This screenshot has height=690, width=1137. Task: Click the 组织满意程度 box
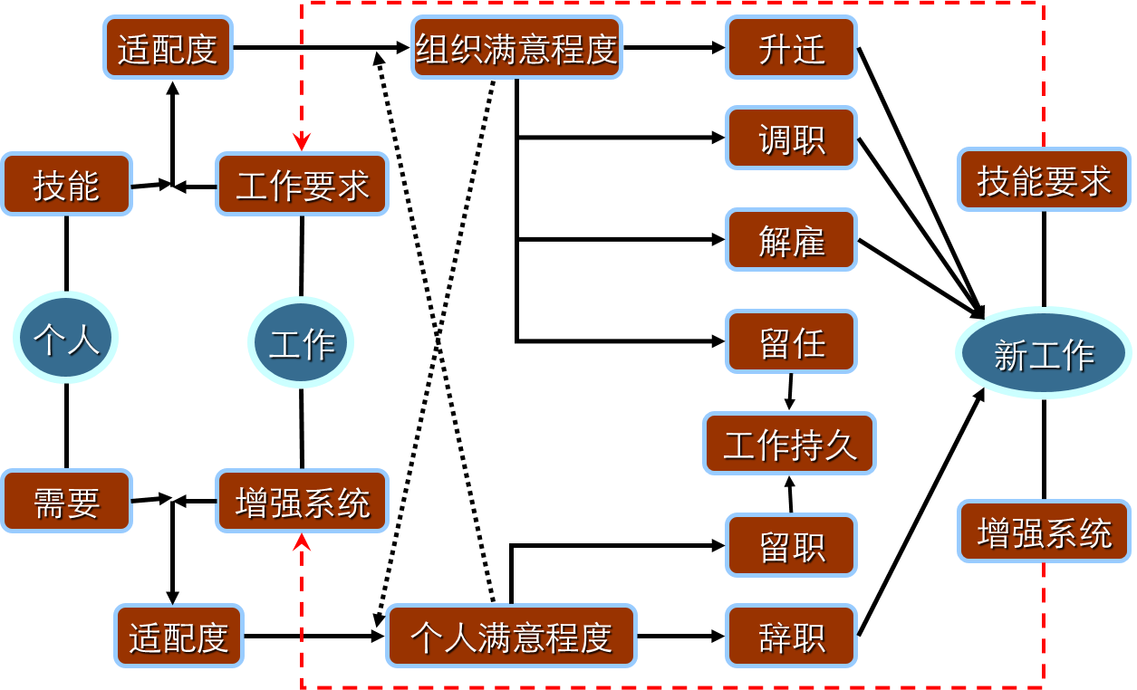coord(516,48)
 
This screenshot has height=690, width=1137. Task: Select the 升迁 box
coord(791,48)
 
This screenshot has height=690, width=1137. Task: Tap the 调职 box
coord(791,139)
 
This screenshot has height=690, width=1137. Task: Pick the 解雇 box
coord(791,240)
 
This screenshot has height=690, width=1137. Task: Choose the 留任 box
coord(791,341)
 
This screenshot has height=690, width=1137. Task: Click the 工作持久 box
coord(789,444)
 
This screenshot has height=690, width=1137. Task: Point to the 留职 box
coord(791,545)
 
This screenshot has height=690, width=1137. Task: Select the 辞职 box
coord(791,637)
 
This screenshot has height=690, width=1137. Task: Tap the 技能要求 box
coord(1044,180)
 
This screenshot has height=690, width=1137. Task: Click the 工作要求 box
coord(302,185)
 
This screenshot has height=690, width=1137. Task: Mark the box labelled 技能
coord(66,185)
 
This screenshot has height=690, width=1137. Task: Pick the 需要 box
coord(66,501)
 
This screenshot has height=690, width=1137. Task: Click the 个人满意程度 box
coord(511,636)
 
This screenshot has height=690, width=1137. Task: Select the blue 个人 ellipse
coord(65,338)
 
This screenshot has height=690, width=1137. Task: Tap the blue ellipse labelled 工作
coord(301,342)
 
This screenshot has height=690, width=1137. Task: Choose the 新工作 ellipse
coord(1043,353)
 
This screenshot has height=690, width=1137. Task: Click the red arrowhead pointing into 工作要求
coord(302,142)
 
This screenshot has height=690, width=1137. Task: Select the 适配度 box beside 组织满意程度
coord(168,48)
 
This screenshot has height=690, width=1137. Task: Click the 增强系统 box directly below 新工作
coord(1044,532)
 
